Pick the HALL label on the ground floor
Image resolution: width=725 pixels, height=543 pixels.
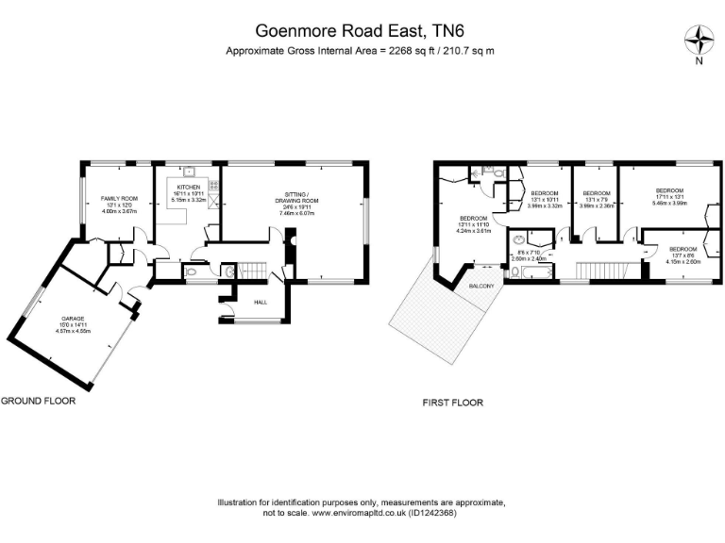(261, 302)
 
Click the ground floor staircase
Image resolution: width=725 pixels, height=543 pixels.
(254, 270)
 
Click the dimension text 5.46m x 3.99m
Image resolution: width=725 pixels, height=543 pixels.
(669, 203)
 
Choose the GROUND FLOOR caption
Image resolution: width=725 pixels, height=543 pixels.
(38, 400)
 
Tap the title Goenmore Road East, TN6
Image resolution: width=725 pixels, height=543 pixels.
(362, 31)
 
